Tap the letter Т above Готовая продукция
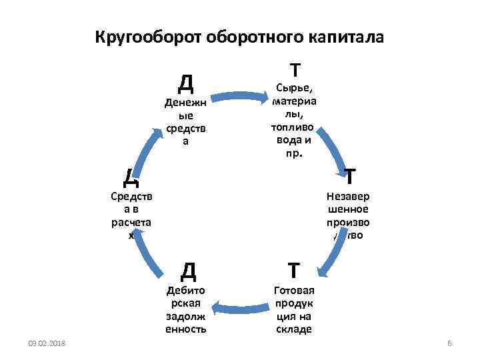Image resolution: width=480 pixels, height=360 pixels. point(294,270)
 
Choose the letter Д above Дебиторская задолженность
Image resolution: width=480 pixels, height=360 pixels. point(188,271)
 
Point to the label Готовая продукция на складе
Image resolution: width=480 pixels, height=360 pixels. point(294,310)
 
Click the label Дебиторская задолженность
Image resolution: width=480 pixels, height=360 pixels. point(186,310)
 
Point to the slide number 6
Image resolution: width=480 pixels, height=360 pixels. point(449,343)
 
